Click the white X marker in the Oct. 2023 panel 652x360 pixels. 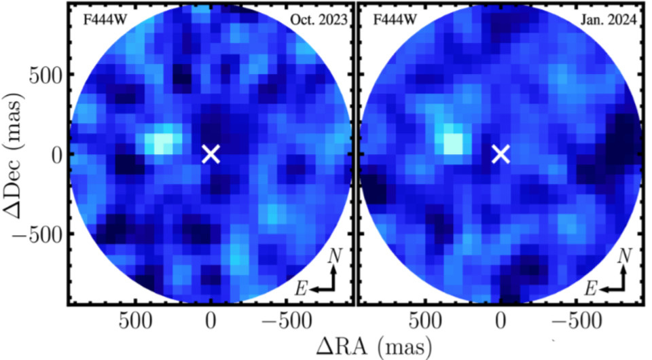(x=211, y=154)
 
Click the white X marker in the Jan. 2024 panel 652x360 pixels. (x=501, y=154)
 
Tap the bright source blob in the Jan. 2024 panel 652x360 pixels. (x=452, y=143)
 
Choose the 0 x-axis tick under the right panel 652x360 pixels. (x=501, y=320)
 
